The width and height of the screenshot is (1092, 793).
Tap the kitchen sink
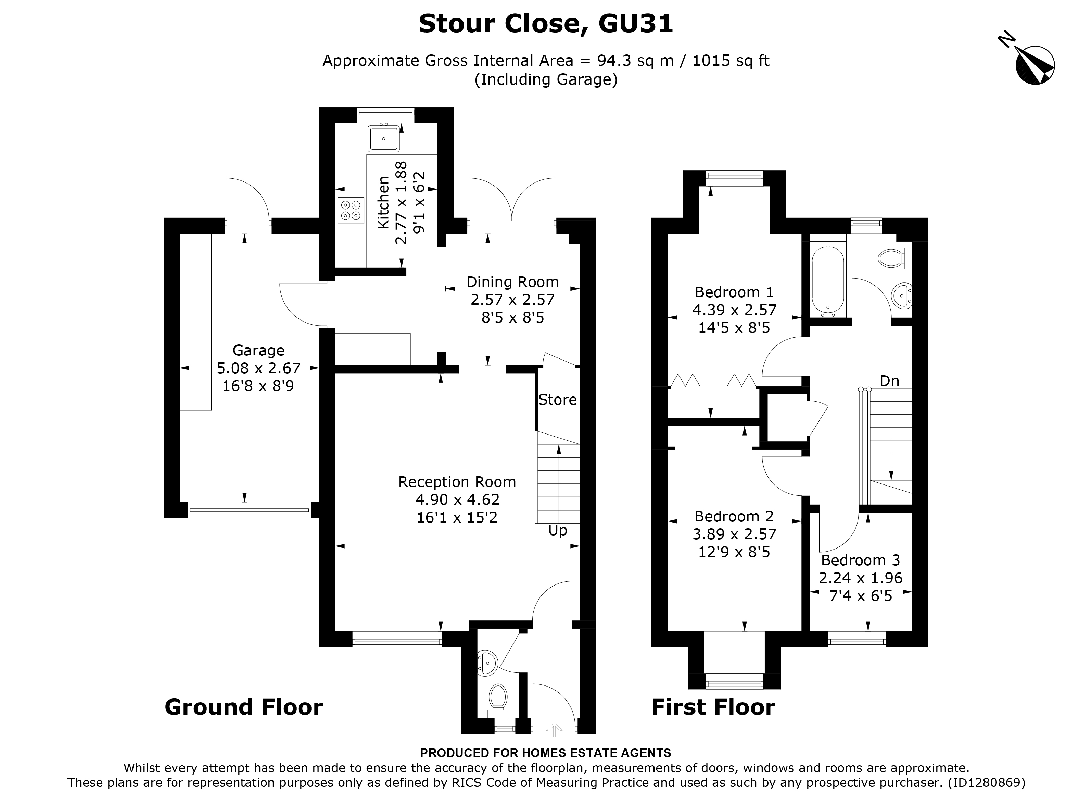[x=384, y=138]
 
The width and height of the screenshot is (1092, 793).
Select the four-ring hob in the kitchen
[x=351, y=211]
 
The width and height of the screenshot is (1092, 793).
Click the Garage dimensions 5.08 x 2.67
[x=258, y=368]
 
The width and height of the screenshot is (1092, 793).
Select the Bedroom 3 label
[x=860, y=560]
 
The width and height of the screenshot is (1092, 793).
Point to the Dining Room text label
[x=512, y=282]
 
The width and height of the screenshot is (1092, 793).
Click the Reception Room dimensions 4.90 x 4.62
[x=457, y=499]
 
